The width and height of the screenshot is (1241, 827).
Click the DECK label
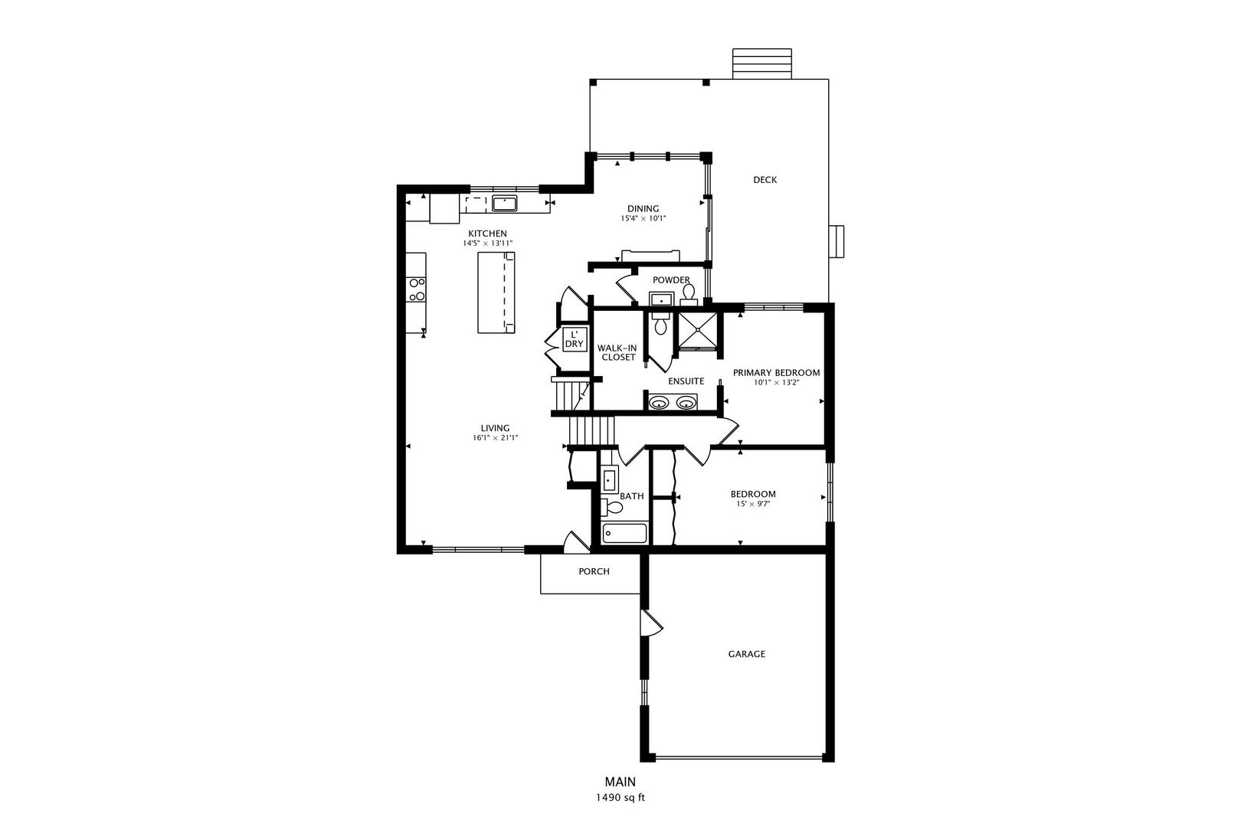coord(765,180)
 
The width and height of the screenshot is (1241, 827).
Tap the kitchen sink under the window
coord(505,203)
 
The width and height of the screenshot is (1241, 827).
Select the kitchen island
coord(496,293)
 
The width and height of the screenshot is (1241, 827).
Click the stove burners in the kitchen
coord(417,289)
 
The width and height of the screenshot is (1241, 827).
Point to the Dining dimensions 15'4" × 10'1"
coord(643,219)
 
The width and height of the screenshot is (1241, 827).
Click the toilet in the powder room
coord(689,293)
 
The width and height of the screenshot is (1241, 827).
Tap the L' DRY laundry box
coord(574,339)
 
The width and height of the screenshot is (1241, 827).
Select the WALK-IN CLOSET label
coord(618,352)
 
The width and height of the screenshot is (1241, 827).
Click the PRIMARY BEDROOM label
coord(776,373)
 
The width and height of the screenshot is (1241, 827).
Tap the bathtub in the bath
coord(624,533)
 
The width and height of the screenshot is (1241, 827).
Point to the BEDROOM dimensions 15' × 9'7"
coord(752,504)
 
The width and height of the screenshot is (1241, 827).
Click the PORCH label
coord(594,571)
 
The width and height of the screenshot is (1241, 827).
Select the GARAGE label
coord(746,654)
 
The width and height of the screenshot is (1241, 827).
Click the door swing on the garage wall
coord(652,623)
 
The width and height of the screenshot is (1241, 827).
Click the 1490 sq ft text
coord(620,797)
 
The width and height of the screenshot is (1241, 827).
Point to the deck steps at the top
coord(761,64)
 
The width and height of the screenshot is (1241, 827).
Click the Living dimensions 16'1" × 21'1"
coord(495,438)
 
